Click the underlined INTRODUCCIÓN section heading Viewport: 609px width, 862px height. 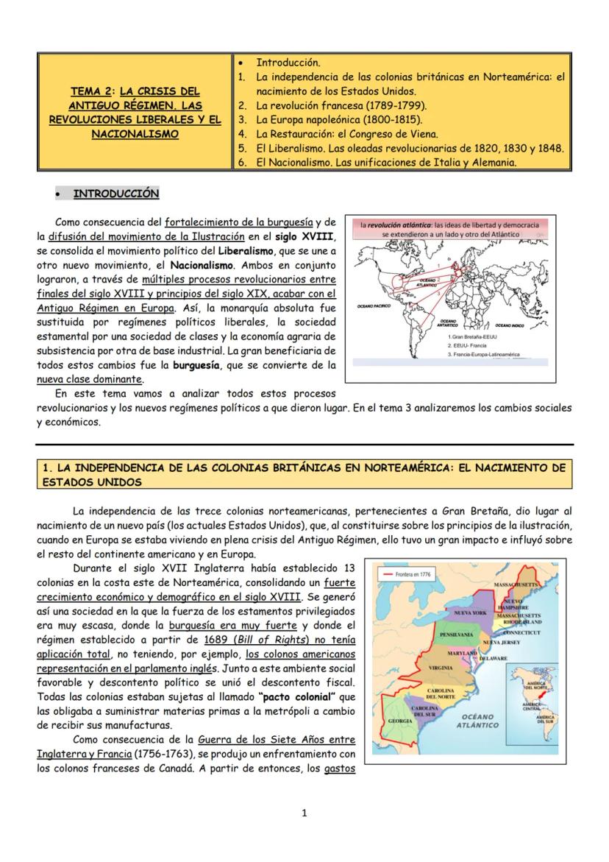(115, 194)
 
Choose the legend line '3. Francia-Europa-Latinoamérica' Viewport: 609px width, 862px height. (494, 354)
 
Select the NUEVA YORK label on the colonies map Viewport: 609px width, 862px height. (471, 612)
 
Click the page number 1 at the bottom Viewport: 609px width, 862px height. (304, 813)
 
